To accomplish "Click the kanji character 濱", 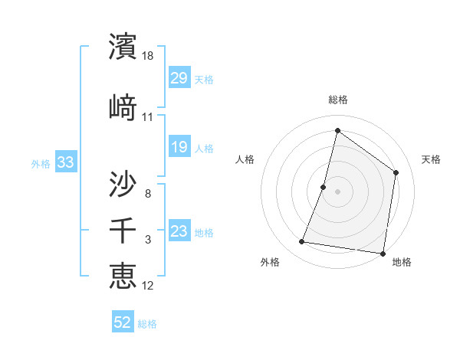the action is tap(123, 46).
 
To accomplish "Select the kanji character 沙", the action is tap(123, 184).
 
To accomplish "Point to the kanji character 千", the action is tap(123, 230).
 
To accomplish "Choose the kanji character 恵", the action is tap(123, 276).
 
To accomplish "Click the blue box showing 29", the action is tap(179, 78).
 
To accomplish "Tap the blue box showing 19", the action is tap(179, 147).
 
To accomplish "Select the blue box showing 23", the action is tap(179, 231).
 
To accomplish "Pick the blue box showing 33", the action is tap(65, 162).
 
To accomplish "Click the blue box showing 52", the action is tap(123, 322).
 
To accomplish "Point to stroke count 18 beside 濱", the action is tap(149, 56).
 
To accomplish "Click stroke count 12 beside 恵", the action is tap(149, 286).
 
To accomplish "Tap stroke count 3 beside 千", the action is tap(148, 240).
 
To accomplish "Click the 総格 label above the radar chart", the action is tap(338, 100).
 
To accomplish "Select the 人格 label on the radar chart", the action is tap(245, 159).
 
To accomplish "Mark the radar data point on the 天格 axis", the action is tap(396, 172).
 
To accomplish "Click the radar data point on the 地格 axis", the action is tap(383, 253).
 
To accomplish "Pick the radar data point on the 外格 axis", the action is tap(302, 242).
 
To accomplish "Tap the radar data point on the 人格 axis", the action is tap(324, 187).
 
